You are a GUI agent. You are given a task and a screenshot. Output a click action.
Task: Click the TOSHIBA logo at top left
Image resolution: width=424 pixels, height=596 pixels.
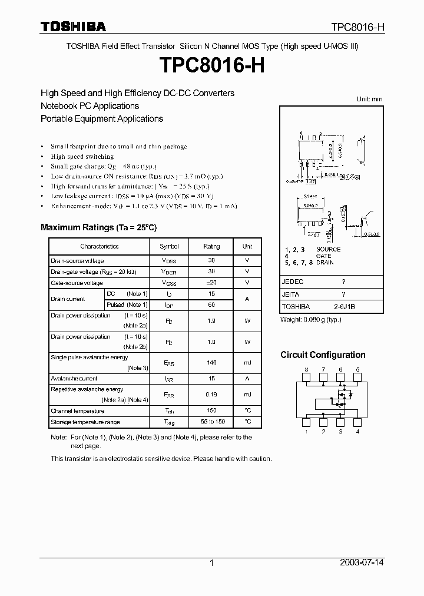click(73, 27)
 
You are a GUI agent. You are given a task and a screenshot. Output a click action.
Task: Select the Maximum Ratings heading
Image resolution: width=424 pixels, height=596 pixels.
click(98, 227)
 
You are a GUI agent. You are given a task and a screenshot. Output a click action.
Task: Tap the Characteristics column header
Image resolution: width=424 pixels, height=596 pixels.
click(100, 246)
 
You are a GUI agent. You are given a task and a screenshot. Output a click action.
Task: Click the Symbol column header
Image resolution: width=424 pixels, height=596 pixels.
click(169, 246)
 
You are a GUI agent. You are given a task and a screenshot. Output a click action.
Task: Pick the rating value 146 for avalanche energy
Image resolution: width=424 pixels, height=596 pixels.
click(211, 363)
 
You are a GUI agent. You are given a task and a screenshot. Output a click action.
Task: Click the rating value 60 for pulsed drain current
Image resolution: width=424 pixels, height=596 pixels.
click(211, 304)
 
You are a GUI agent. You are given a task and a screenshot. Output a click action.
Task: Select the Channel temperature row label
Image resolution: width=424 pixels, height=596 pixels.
click(78, 410)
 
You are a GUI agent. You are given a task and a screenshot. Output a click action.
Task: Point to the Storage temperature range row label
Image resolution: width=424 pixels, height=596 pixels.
click(85, 422)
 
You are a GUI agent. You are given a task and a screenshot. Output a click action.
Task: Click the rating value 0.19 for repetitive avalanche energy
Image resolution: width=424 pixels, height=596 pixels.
click(211, 394)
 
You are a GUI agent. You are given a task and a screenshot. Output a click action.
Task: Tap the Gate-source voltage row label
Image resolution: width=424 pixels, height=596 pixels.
click(77, 283)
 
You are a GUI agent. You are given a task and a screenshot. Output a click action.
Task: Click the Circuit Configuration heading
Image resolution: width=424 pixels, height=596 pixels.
click(323, 355)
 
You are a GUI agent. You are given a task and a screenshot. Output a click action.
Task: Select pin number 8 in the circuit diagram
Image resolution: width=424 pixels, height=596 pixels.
click(306, 369)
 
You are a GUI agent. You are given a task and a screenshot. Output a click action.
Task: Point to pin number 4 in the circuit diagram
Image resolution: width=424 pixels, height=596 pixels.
click(358, 432)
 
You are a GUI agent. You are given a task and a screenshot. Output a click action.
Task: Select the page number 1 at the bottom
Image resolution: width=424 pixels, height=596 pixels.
click(212, 563)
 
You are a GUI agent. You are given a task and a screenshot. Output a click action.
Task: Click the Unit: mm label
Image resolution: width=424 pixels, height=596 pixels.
click(370, 99)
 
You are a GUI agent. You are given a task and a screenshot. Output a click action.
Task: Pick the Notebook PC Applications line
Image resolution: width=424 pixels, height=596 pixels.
click(90, 106)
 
